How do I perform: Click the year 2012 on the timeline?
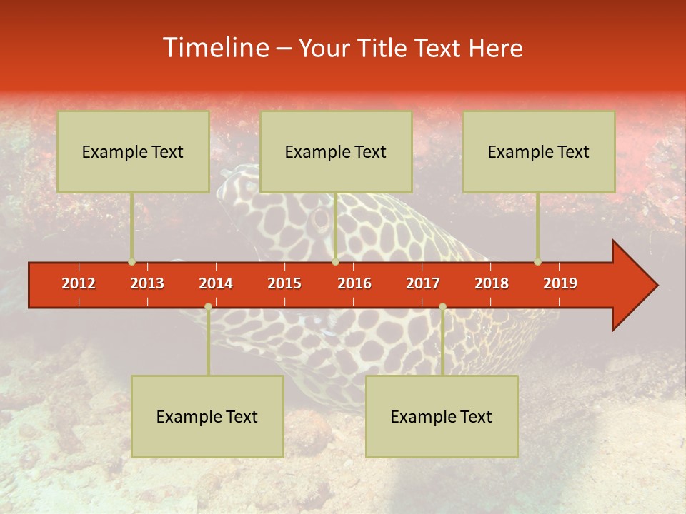79,283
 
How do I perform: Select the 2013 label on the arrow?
147,283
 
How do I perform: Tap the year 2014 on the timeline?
216,283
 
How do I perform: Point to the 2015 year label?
284,283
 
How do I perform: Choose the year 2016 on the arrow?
354,283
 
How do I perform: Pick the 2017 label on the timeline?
423,283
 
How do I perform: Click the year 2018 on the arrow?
492,283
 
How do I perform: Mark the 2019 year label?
560,283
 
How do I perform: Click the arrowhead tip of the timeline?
656,286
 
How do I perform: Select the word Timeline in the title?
214,48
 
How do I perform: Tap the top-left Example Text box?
133,151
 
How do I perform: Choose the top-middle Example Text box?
336,151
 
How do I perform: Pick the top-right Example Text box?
539,151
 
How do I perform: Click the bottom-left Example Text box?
207,416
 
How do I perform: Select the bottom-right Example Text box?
442,416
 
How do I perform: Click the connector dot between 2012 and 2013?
131,262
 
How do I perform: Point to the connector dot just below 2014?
208,307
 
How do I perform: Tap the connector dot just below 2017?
442,307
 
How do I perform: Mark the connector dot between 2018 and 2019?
537,262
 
